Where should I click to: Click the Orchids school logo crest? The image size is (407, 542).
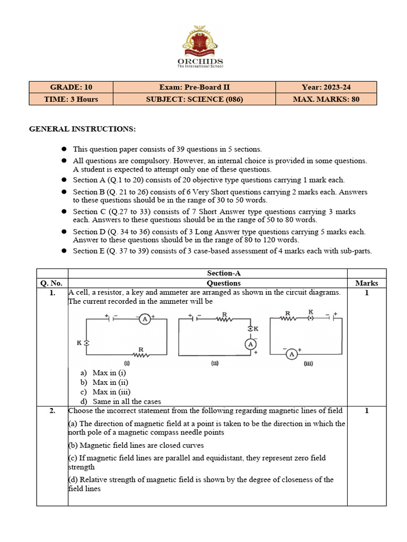coord(200,42)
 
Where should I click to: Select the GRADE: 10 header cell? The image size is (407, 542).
coord(71,87)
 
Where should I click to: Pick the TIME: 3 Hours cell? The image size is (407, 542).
coord(71,99)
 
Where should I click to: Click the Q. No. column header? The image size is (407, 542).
coord(52,283)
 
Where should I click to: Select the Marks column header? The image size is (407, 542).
coord(366,283)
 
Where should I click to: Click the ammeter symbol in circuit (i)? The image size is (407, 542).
coord(144,319)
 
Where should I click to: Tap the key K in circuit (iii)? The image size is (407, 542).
coord(311,318)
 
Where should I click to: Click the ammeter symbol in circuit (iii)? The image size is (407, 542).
coord(291,355)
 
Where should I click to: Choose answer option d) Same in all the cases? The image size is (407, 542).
coord(126,402)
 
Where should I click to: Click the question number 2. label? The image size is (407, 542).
coord(52,411)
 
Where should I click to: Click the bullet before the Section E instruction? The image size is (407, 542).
coord(63,251)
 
